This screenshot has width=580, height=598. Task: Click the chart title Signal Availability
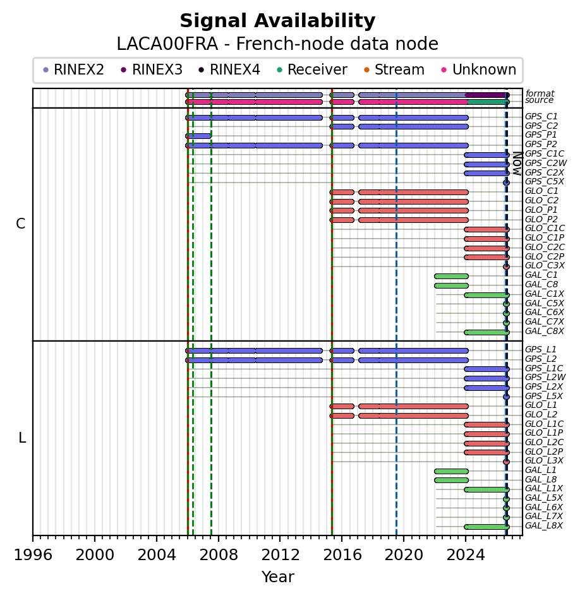coord(277,21)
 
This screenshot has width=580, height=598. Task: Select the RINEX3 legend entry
coord(152,70)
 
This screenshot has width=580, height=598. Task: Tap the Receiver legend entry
coord(311,70)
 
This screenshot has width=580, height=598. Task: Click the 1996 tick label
coord(33,555)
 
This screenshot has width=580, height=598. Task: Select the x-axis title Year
coord(278,577)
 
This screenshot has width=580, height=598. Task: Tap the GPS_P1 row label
coord(541,135)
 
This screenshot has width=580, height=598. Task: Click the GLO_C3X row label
coord(545,266)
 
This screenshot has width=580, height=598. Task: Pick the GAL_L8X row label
coord(544,526)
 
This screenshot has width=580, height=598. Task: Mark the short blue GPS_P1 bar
coord(198,136)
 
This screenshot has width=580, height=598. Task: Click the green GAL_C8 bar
coord(451,285)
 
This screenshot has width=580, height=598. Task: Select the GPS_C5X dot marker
coord(506,182)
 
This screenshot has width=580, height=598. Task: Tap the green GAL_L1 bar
coord(451,471)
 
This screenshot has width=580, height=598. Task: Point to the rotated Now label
coord(517,163)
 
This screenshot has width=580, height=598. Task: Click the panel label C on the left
coord(21,224)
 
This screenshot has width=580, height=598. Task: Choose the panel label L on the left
coord(22,438)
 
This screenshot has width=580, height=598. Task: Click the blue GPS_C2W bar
coord(487,165)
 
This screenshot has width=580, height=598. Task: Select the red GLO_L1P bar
coord(487,434)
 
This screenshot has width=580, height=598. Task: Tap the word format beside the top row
coord(540,93)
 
